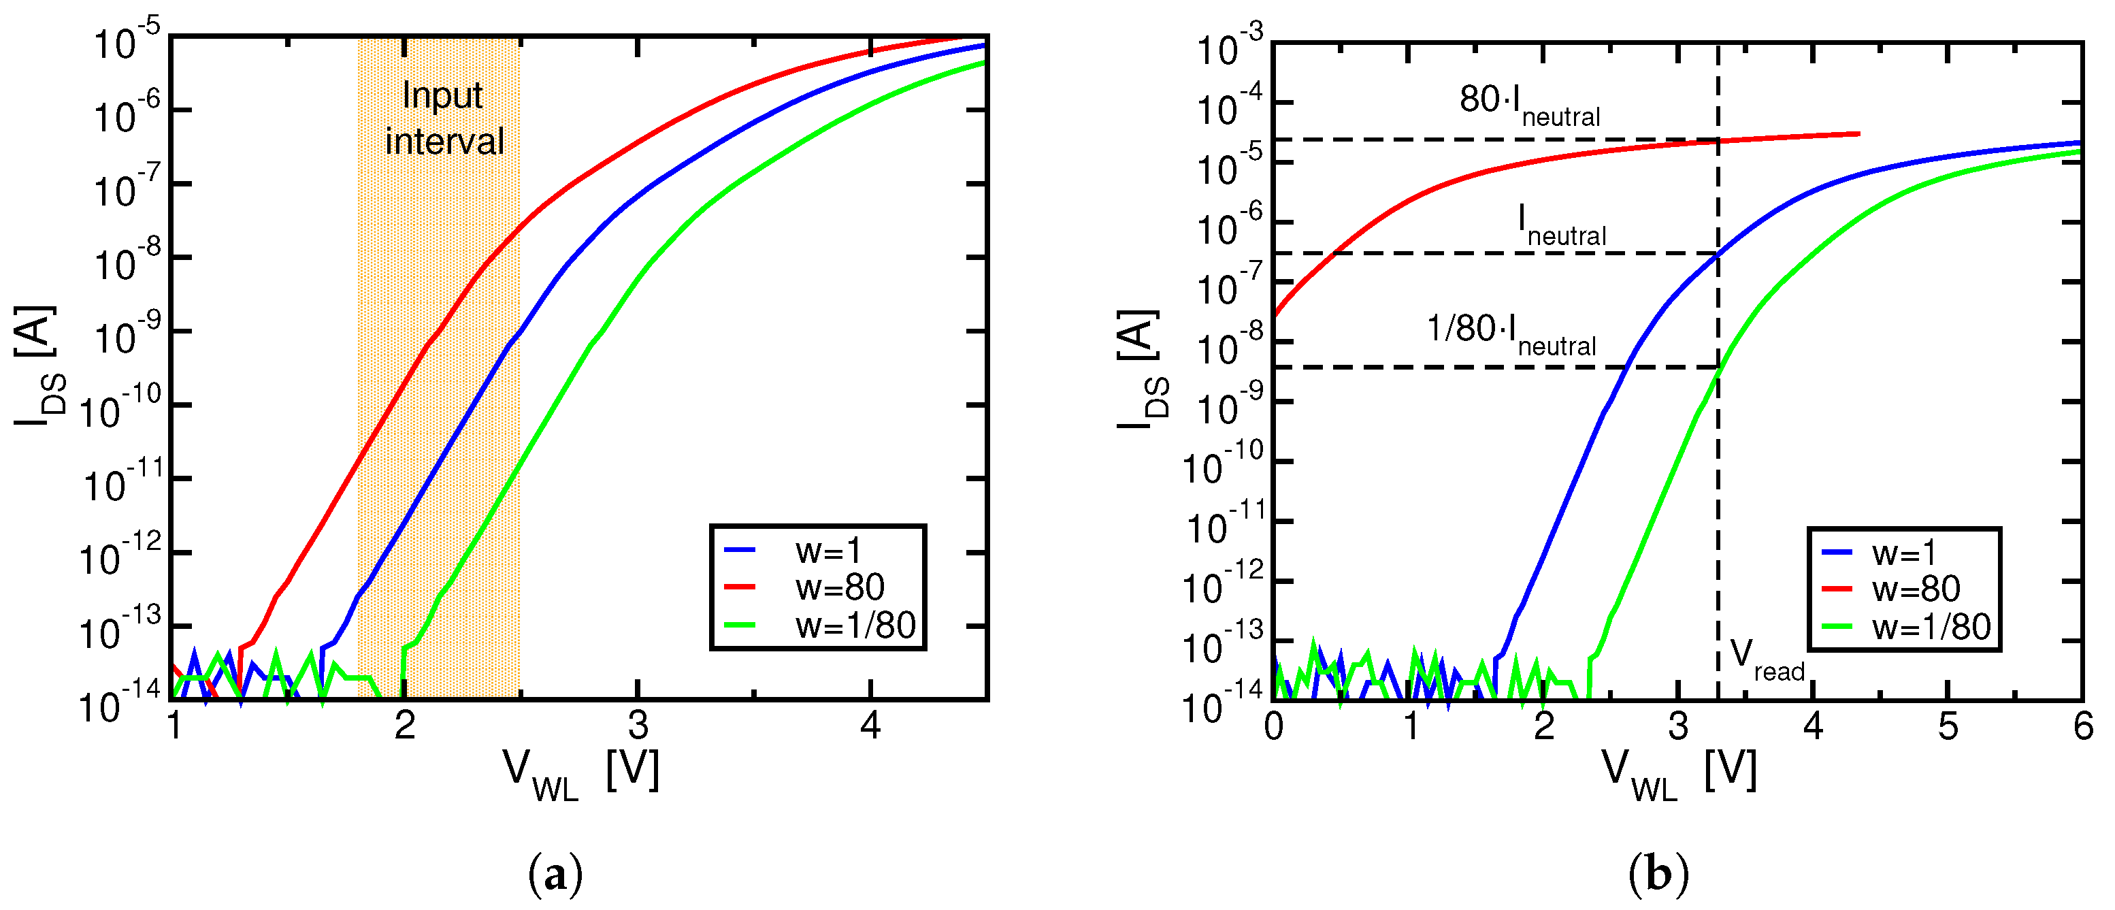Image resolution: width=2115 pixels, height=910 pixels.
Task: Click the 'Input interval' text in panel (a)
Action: (444, 119)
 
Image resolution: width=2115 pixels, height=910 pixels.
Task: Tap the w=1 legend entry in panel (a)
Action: (827, 550)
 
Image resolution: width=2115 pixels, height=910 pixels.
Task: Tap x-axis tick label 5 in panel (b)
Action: (1948, 727)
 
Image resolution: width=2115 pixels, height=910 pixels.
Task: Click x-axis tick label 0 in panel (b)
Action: (1273, 727)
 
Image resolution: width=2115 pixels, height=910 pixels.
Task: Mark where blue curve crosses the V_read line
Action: (1718, 255)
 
